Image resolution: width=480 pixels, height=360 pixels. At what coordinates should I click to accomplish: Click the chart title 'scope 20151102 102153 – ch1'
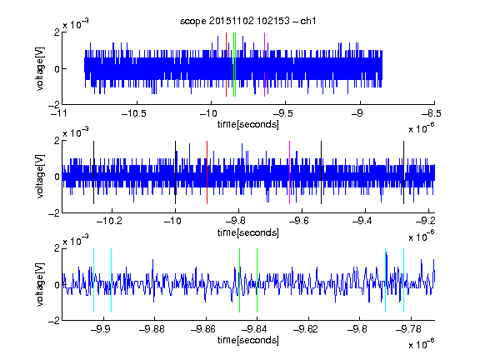pos(248,21)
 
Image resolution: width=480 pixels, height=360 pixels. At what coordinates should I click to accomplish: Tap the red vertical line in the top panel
pos(226,65)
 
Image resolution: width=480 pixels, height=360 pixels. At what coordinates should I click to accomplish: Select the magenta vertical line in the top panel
pos(264,65)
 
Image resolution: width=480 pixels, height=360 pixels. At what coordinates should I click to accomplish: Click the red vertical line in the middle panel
pos(207,172)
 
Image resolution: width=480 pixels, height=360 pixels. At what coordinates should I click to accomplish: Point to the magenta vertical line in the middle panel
pos(290,172)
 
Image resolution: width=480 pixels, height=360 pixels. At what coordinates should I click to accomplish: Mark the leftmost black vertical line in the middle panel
pos(93,172)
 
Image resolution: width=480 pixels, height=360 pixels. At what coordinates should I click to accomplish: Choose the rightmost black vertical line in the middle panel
pos(404,172)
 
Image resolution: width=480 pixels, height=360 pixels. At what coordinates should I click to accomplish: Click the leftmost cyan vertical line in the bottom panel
pos(93,280)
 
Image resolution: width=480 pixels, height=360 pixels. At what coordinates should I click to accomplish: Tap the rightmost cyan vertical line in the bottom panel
pos(404,280)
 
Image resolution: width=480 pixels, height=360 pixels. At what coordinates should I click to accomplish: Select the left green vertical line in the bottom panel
pos(240,280)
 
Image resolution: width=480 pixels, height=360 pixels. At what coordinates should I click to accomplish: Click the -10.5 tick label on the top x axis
pos(134,114)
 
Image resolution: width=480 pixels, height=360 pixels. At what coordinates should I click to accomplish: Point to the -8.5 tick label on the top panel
pos(432,114)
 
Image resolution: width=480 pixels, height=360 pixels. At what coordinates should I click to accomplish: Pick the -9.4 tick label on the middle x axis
pos(362,221)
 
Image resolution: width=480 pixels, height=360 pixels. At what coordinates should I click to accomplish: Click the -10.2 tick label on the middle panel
pos(109,221)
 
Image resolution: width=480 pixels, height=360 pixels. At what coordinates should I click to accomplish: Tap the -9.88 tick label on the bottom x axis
pos(152,329)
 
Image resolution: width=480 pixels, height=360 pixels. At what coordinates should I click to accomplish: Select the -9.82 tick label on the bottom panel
pos(306,329)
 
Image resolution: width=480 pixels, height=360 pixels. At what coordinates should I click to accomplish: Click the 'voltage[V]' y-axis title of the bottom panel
pos(40,285)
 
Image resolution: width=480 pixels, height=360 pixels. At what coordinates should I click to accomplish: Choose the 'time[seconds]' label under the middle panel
pos(248,232)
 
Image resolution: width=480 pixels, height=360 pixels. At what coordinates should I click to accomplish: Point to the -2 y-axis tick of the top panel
pos(54,105)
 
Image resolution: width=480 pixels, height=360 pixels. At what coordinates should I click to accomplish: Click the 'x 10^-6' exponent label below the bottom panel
pos(422,344)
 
